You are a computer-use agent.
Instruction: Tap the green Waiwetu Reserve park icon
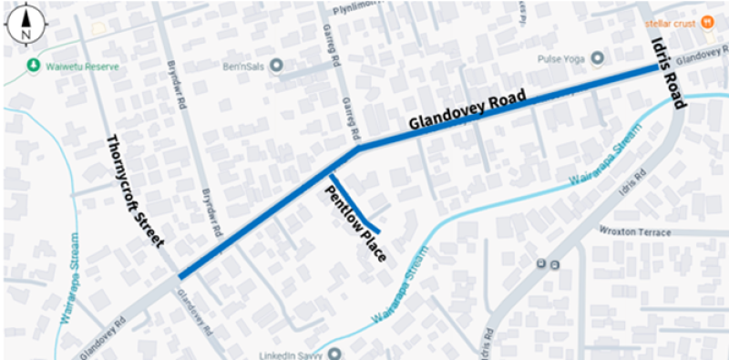34,65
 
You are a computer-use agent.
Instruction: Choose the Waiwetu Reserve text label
78,65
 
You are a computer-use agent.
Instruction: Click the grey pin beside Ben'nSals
277,66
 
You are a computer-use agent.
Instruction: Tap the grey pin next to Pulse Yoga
598,58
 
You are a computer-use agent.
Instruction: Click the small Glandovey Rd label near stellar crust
703,57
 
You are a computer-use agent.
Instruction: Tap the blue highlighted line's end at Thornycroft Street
182,275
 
